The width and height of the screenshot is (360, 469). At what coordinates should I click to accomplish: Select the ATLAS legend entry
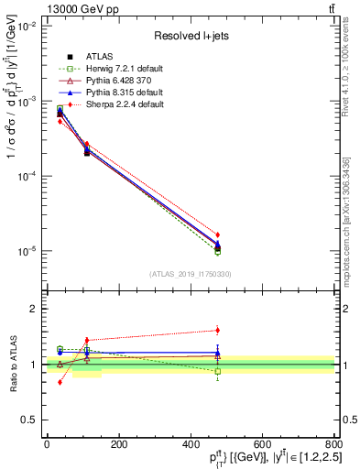coord(99,57)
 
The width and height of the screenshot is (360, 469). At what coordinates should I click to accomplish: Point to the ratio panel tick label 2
coord(31,309)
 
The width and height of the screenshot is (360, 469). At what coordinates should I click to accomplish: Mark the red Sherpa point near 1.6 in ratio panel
coord(217,330)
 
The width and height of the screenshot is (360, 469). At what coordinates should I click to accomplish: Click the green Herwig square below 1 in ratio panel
coord(217,372)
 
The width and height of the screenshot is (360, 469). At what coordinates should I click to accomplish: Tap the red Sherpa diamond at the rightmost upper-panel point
coord(217,234)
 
